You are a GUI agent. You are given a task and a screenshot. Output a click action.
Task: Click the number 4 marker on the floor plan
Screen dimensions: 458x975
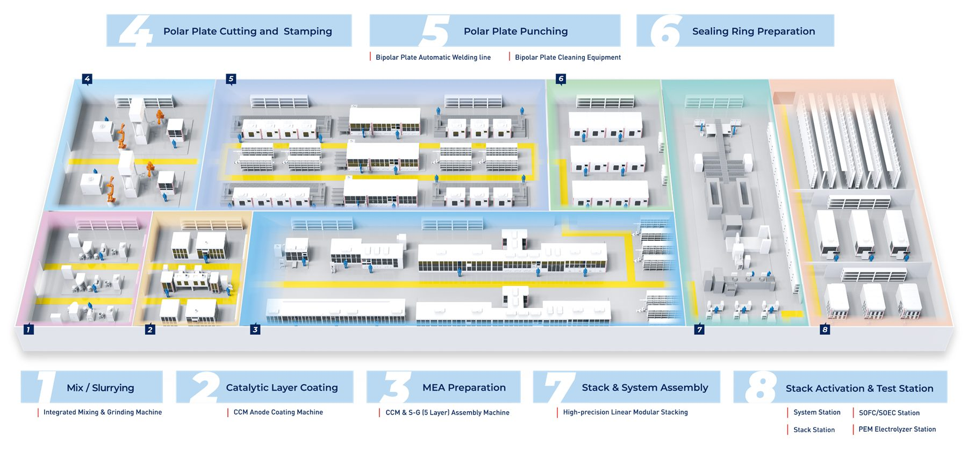point(87,79)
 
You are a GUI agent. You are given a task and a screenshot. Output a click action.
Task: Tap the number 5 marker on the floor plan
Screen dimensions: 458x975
point(231,79)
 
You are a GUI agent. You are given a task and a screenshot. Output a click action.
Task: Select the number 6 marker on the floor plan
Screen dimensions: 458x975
point(561,79)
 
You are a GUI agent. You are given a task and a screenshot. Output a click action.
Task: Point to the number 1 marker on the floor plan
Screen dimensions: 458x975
point(29,329)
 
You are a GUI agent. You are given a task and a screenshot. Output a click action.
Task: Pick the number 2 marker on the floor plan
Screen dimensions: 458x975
point(150,329)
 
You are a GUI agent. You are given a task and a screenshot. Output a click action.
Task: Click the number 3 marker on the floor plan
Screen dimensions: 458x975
point(255,329)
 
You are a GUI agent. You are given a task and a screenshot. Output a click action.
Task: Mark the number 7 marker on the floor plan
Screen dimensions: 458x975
point(699,329)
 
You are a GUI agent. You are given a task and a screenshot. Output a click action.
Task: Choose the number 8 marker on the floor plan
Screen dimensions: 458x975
point(825,329)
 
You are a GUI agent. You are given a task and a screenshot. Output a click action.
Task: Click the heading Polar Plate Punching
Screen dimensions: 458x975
point(515,31)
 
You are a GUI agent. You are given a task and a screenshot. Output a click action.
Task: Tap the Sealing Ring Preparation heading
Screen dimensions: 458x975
point(753,31)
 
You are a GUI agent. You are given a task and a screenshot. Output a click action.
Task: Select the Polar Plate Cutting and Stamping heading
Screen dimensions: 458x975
point(247,31)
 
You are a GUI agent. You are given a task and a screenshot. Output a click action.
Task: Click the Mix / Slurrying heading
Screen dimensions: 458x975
point(101,388)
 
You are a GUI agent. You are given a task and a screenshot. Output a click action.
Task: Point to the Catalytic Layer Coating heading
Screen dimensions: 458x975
point(282,388)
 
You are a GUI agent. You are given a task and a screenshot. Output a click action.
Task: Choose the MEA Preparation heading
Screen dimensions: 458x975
point(464,388)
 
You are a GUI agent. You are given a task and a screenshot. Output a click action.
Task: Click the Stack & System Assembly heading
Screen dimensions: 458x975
point(644,388)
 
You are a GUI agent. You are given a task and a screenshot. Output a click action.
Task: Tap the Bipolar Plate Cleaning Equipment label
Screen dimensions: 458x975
point(568,58)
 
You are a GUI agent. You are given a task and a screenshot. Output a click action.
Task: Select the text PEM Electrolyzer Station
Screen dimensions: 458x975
point(897,429)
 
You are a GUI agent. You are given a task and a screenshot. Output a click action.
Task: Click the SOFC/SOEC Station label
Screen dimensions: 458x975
point(889,413)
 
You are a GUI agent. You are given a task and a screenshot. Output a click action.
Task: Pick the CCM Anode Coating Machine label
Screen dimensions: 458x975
point(278,412)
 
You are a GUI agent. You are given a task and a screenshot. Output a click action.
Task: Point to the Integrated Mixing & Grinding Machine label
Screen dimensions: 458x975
point(102,412)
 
